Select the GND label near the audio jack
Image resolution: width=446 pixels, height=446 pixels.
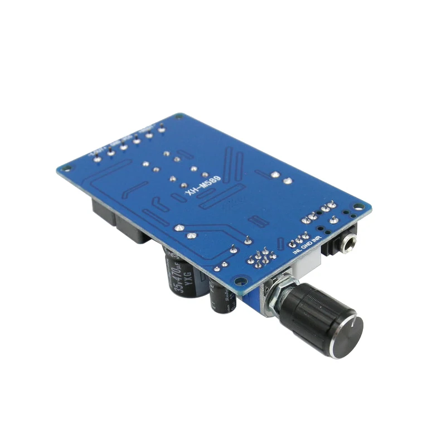307,245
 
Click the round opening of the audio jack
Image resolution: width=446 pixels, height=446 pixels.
350,241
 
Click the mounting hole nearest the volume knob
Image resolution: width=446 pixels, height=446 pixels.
239,283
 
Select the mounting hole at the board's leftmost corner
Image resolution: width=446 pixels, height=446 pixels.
62,167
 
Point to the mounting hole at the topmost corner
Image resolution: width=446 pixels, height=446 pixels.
177,117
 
